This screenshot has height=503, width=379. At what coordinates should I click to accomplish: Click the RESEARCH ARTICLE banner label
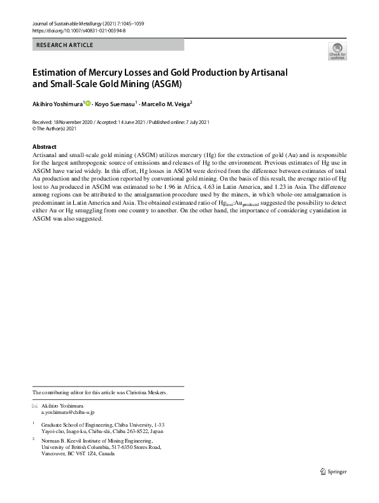(65, 45)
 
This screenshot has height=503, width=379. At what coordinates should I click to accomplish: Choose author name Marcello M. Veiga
(165, 103)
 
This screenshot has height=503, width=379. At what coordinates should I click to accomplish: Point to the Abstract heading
(44, 146)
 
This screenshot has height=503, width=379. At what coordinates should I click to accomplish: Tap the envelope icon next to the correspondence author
(35, 405)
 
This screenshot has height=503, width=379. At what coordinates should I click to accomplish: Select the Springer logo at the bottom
(333, 471)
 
